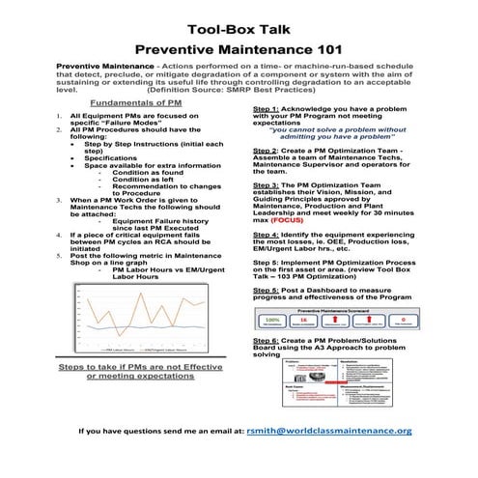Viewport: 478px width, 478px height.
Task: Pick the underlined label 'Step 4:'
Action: click(x=267, y=235)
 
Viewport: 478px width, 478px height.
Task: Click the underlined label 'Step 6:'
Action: click(x=267, y=342)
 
